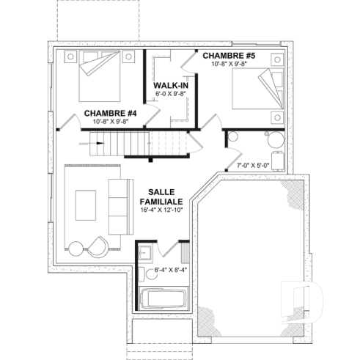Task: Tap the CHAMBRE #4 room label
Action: [x=111, y=113]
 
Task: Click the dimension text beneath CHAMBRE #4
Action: [x=111, y=122]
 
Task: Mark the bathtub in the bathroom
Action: [x=163, y=298]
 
